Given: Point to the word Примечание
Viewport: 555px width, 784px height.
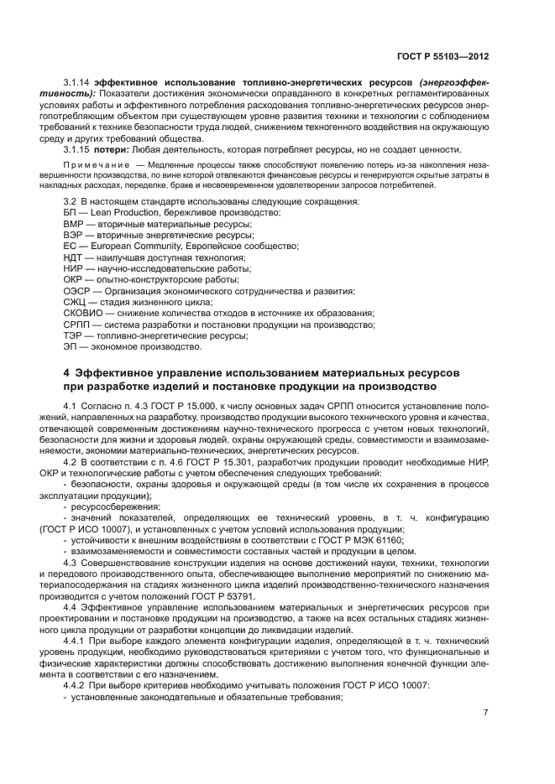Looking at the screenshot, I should [x=95, y=165].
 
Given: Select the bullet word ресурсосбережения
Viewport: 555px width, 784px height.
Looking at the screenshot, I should [x=113, y=506].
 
